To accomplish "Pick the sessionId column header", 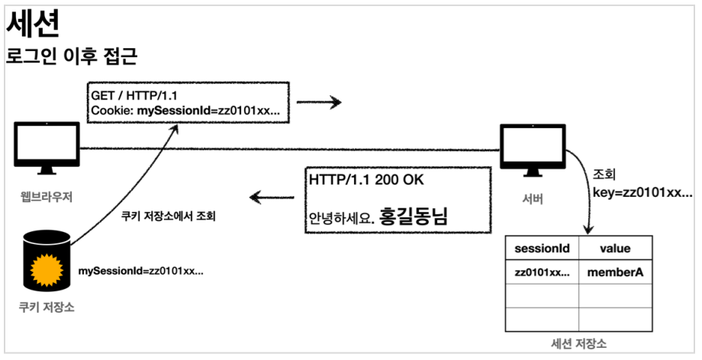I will pyautogui.click(x=541, y=249).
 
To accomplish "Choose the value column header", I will pyautogui.click(x=615, y=249).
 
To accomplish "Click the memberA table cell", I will pyautogui.click(x=615, y=272).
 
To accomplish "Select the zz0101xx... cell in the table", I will pyautogui.click(x=541, y=272).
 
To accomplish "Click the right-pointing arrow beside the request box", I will pyautogui.click(x=318, y=102).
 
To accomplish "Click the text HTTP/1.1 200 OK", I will pyautogui.click(x=366, y=181).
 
